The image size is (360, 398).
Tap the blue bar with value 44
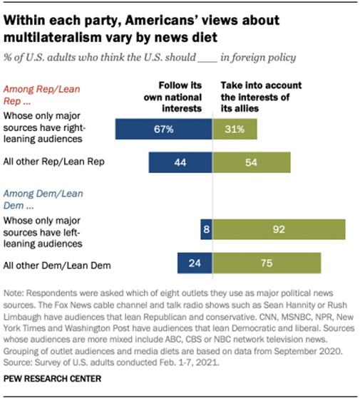tap(180, 162)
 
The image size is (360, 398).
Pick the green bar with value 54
tap(251, 162)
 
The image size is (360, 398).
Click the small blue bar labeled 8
tap(206, 229)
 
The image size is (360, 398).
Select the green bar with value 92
tap(279, 229)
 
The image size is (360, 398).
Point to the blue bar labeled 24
tap(194, 263)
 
